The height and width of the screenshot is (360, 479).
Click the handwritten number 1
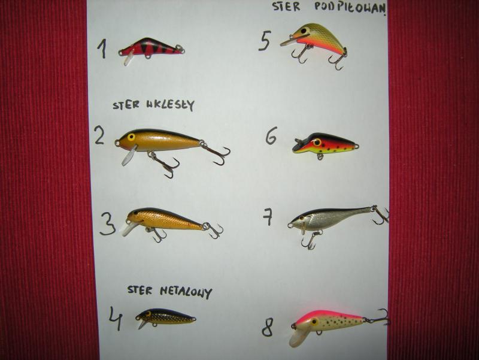coord(102,49)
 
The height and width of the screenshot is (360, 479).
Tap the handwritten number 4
coord(116,319)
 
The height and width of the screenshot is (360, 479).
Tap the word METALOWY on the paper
coord(186,292)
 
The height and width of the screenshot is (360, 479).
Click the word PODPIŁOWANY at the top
coord(350,7)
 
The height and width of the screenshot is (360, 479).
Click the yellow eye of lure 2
coord(131,137)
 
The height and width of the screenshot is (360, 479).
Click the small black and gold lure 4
coord(165,317)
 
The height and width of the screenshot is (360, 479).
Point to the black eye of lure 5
coord(304,31)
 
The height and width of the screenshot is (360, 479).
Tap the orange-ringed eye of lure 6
coord(317,142)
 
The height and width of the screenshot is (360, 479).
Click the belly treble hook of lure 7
coord(310,240)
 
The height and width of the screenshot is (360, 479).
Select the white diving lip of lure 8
coord(298,337)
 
